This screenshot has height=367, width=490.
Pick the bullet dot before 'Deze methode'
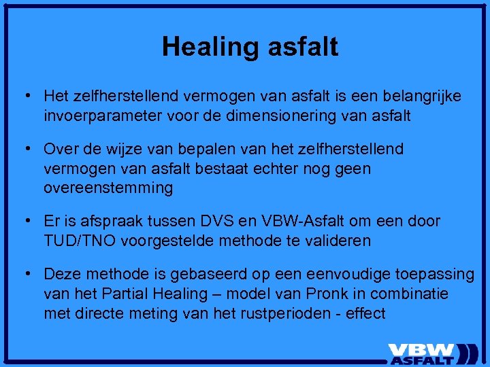tap(27, 274)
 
